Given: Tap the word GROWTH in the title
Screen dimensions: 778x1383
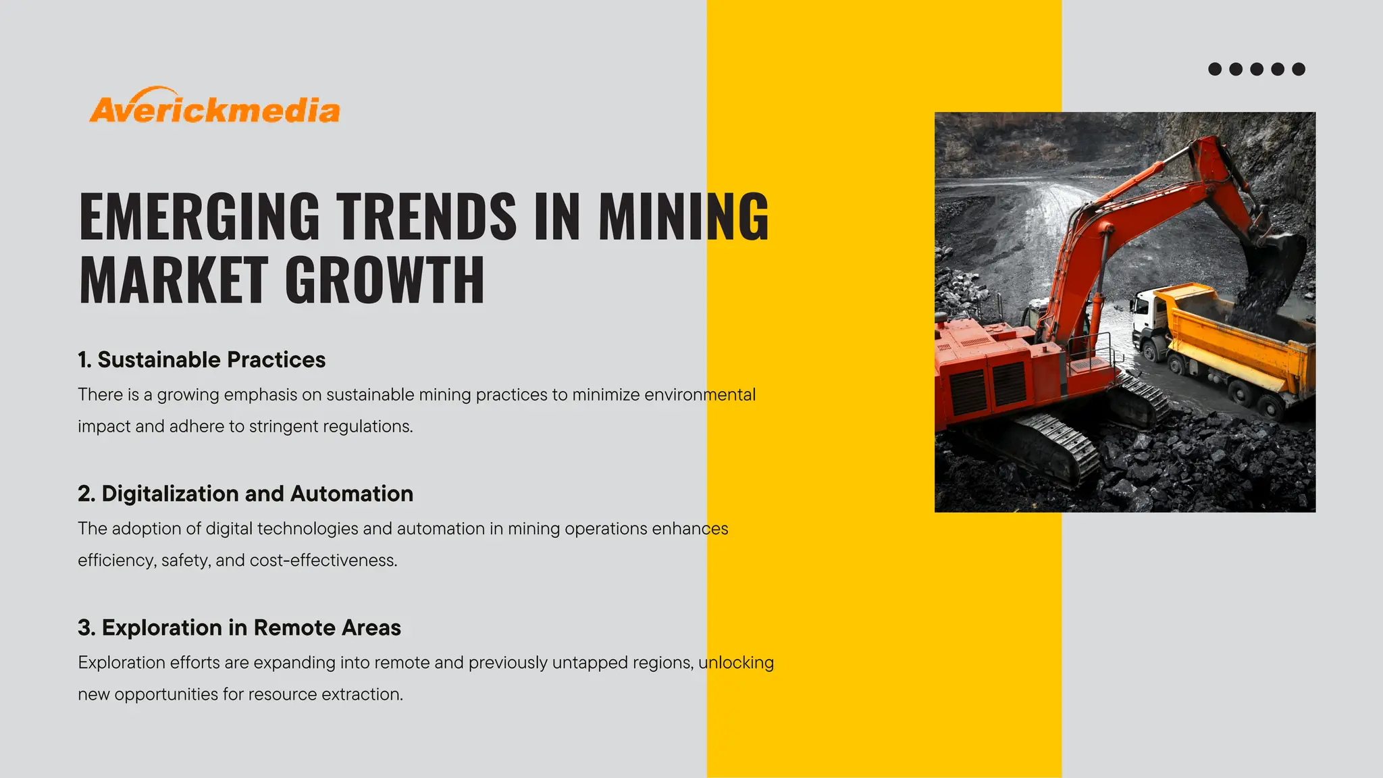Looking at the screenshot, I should pyautogui.click(x=384, y=280).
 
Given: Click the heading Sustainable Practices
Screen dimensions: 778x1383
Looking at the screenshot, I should pyautogui.click(x=211, y=360).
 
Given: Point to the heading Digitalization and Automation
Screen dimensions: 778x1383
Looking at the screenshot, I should pyautogui.click(x=257, y=494).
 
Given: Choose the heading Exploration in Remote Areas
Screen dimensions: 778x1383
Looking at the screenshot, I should pyautogui.click(x=251, y=627).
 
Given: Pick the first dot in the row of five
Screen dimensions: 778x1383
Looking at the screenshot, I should pyautogui.click(x=1215, y=69).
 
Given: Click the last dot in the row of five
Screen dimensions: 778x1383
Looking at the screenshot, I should pyautogui.click(x=1299, y=69).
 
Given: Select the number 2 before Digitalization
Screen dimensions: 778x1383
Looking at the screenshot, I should pyautogui.click(x=85, y=494).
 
